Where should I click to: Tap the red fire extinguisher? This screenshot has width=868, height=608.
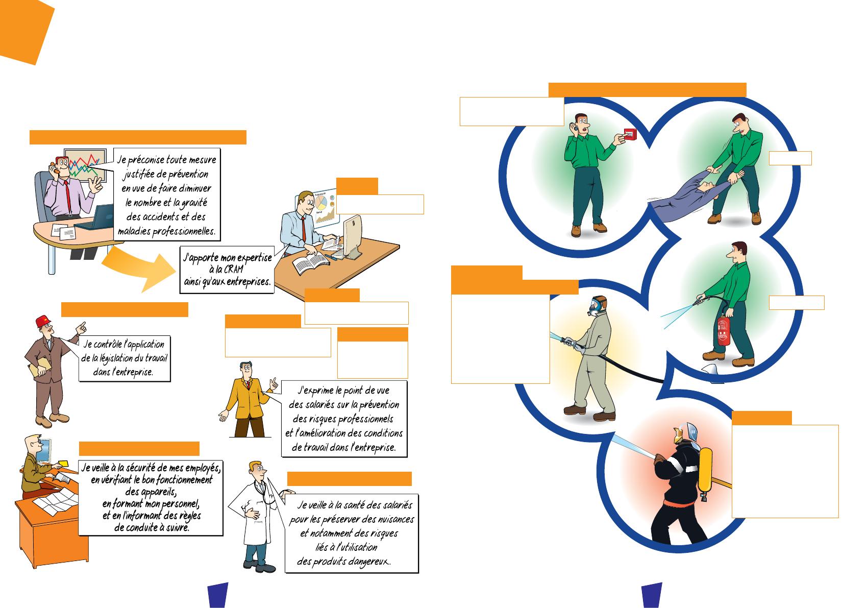722,330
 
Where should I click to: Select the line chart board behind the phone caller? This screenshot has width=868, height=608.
84,164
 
